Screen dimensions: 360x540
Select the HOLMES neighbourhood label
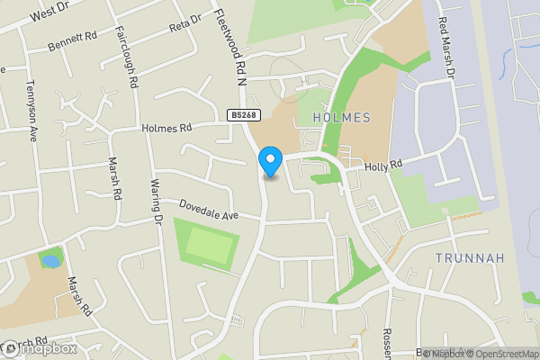[x=341, y=118]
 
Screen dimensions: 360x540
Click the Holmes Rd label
[x=167, y=129]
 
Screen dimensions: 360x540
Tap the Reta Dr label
[x=184, y=23]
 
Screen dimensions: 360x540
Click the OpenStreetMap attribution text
[x=503, y=353]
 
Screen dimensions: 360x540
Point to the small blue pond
[x=50, y=261]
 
